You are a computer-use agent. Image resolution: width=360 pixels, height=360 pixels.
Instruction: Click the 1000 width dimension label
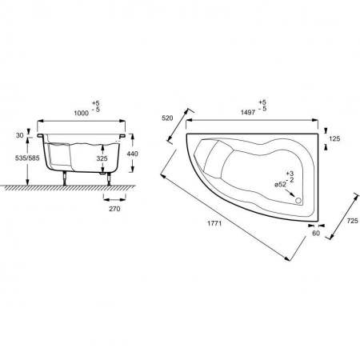click(x=82, y=114)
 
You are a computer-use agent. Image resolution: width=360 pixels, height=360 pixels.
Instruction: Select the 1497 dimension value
click(x=248, y=113)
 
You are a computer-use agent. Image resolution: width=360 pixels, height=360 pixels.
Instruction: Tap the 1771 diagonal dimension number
click(x=214, y=223)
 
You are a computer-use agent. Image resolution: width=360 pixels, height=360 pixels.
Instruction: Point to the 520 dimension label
click(x=167, y=118)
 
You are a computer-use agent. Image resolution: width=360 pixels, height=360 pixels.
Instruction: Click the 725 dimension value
click(x=353, y=221)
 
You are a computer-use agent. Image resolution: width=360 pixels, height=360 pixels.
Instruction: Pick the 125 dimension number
click(x=334, y=138)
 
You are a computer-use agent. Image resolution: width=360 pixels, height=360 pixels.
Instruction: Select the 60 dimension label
click(x=316, y=234)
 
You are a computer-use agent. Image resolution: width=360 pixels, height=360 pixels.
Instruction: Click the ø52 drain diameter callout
click(x=280, y=185)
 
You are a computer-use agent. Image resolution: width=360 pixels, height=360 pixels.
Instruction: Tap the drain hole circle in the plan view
click(x=298, y=201)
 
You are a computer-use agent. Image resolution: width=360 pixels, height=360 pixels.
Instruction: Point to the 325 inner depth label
click(x=102, y=158)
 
